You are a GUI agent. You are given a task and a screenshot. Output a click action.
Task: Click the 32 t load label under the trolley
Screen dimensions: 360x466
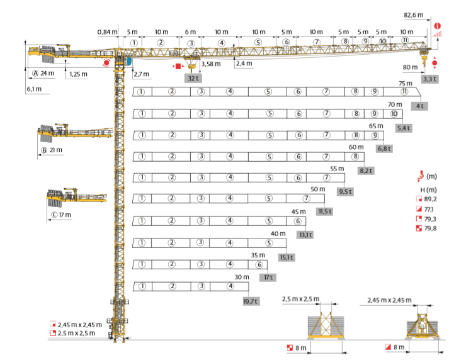point(193,79)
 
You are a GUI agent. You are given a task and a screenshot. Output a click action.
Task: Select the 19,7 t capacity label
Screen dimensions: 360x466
point(251,301)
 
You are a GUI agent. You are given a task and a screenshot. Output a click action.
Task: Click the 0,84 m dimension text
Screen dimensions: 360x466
point(107,32)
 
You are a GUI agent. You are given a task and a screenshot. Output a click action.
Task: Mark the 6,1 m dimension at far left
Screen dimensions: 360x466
point(34,89)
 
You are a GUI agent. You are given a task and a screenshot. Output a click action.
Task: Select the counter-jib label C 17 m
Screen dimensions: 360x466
point(61,215)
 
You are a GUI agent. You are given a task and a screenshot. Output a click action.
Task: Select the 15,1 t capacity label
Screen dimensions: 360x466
point(287,257)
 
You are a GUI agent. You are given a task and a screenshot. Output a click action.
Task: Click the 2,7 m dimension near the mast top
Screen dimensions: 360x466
point(142,74)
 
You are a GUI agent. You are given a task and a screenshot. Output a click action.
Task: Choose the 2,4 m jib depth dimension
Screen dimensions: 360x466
point(243,64)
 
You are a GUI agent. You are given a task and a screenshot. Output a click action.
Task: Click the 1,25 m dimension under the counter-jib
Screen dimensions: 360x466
point(79,74)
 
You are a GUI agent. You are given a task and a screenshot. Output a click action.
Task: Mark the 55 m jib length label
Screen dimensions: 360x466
point(338,169)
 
